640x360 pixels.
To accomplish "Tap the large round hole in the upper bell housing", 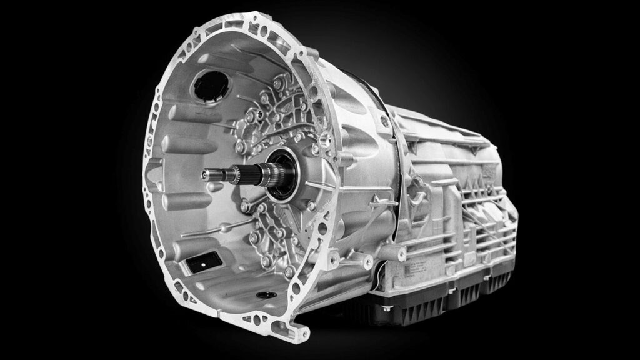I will coord(211,86).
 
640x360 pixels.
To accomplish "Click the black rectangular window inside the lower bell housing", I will coord(204,262).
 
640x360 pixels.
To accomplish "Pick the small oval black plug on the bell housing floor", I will coord(264,294).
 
